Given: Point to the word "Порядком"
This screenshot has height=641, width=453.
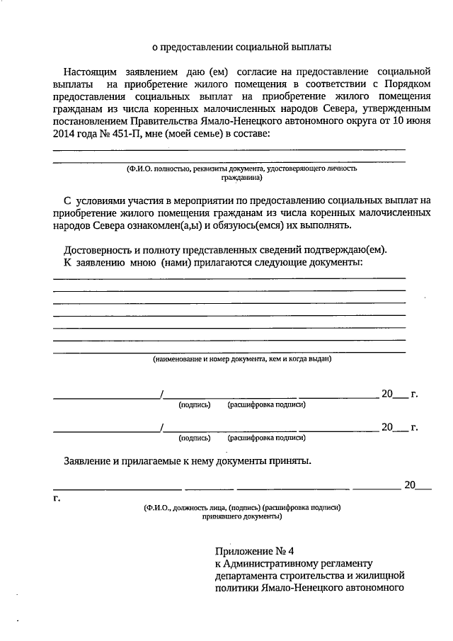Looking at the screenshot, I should [x=406, y=84].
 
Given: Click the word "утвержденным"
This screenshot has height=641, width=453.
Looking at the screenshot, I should [x=398, y=110].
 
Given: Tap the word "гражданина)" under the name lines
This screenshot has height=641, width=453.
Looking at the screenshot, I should [x=240, y=178].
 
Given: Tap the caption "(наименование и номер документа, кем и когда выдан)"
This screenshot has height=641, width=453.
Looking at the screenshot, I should [x=242, y=359].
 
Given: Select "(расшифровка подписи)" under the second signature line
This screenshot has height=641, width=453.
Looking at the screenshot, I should [x=266, y=438].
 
